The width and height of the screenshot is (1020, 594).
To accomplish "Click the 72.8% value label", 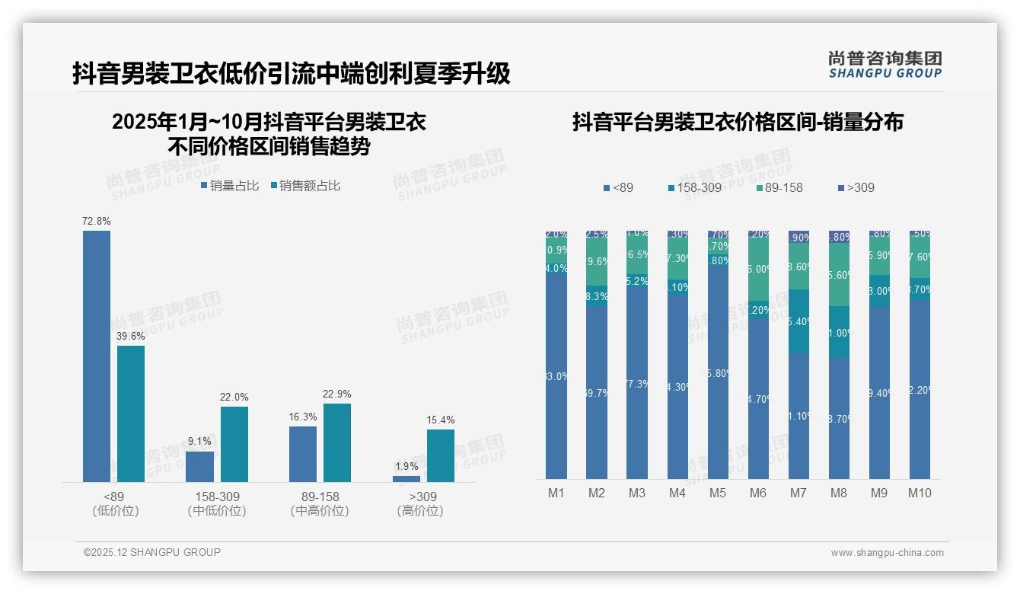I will (97, 221).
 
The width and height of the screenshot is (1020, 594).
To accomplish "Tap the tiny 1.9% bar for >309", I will (406, 479).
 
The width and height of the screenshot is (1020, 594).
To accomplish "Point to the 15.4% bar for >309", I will (440, 455).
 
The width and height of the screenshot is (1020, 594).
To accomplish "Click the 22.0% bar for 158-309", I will (234, 444).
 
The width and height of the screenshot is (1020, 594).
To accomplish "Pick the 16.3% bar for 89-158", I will (303, 454).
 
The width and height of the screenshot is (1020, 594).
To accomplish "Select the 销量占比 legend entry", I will (230, 186).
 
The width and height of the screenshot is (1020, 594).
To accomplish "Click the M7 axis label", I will (798, 493).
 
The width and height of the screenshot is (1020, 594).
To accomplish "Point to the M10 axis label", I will (920, 493).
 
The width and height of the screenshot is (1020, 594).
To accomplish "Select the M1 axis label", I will (556, 493).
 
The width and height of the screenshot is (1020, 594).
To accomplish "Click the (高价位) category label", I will (420, 511).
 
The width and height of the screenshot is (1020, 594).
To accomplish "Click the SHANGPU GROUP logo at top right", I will (885, 65).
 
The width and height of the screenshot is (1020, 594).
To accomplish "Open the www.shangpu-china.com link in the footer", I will (887, 553).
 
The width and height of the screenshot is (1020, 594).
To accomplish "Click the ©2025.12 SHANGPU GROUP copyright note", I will (152, 552).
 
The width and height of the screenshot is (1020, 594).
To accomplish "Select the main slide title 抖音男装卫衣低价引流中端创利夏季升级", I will (291, 74).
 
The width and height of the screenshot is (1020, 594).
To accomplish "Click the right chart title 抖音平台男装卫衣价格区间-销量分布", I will (738, 122).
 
